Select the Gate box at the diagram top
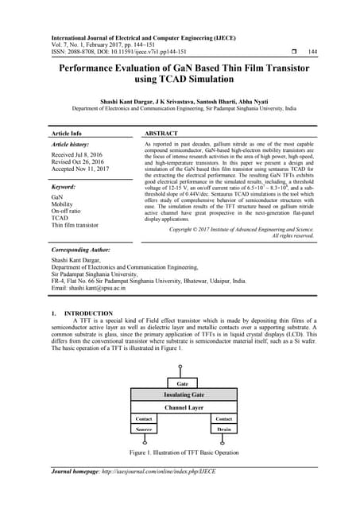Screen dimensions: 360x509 [184, 383]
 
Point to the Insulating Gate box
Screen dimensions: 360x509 [184, 395]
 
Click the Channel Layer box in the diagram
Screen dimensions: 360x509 [184, 407]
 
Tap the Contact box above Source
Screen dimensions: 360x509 [144, 418]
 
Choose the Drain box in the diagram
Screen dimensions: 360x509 [223, 429]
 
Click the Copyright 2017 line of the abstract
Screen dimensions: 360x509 [242, 229]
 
